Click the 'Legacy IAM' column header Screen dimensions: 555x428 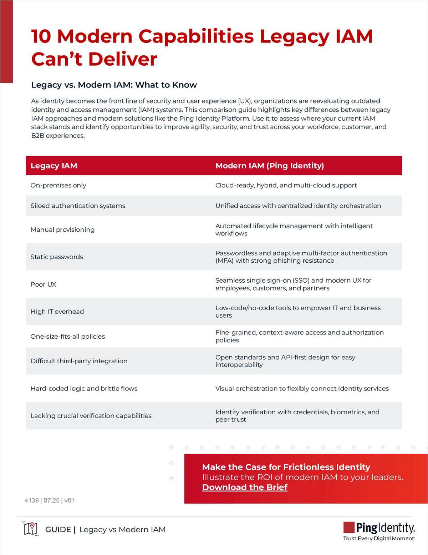pos(54,166)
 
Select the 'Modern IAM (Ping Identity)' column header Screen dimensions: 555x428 pos(270,166)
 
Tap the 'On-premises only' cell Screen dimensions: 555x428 pos(58,185)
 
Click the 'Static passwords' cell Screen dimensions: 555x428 pos(57,257)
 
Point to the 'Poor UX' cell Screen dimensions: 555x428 pos(43,284)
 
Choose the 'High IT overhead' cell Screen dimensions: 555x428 pos(57,312)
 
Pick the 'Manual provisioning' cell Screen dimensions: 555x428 pos(62,229)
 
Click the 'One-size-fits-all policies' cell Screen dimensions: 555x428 pos(68,336)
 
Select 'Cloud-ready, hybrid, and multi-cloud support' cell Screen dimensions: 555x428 pos(286,185)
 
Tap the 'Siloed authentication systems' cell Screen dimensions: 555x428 pos(78,206)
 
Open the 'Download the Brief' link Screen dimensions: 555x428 pos(245,487)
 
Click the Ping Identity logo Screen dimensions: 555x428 pos(379,528)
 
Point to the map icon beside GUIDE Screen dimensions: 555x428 pos(31,529)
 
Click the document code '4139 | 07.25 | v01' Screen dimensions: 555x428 pos(49,500)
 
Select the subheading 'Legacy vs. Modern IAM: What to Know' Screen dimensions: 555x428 pos(114,85)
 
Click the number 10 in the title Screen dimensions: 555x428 pos(42,36)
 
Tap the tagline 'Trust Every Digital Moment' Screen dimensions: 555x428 pos(378,538)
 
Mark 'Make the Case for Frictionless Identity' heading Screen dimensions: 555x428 pos(286,467)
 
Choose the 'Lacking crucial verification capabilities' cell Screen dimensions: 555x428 pos(91,415)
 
